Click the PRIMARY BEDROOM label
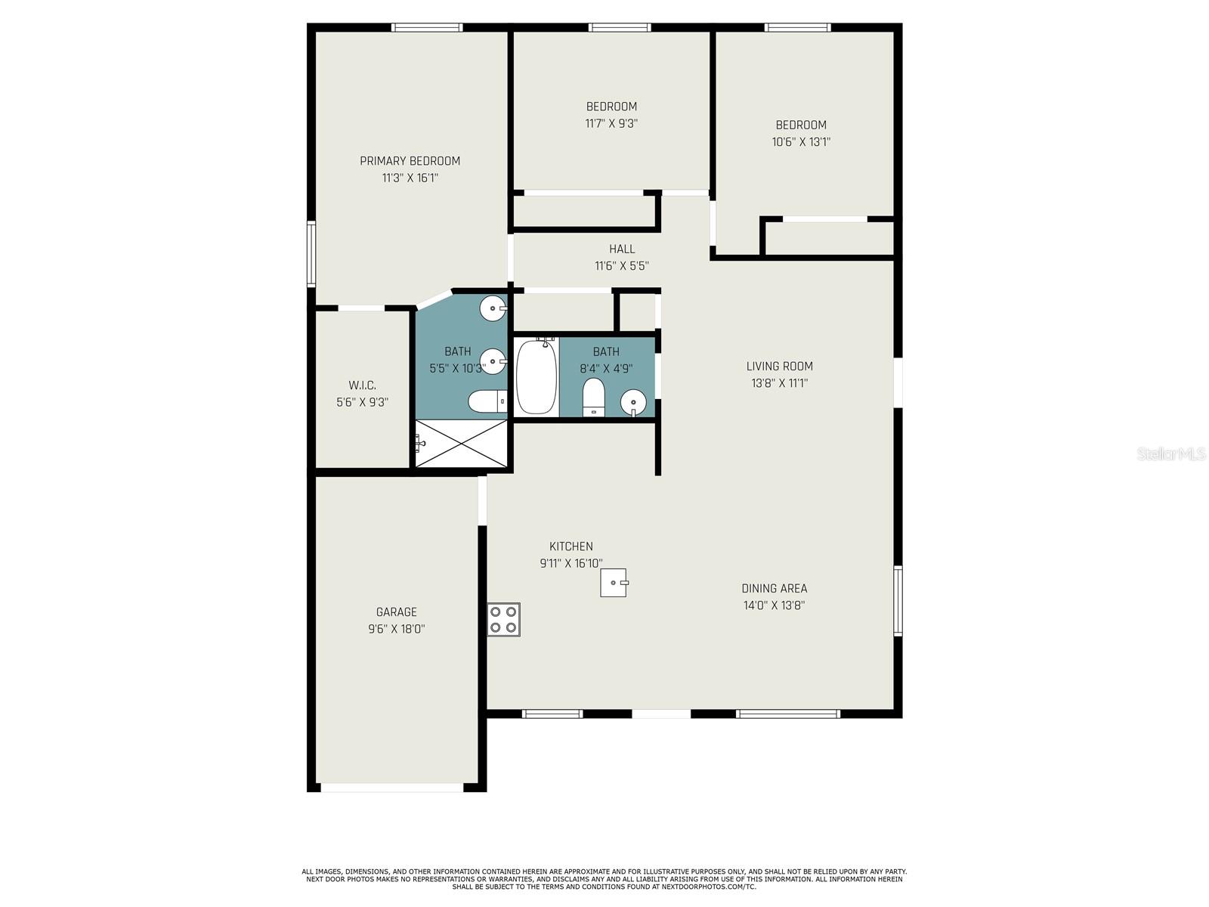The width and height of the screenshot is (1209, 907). (x=410, y=161)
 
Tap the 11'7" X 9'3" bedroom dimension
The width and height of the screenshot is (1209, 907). (x=611, y=123)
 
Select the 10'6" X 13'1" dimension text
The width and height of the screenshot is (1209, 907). (x=801, y=141)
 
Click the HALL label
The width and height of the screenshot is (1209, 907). (x=622, y=249)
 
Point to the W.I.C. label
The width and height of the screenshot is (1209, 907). (x=362, y=385)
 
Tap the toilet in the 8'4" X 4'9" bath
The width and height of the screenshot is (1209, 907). (x=594, y=398)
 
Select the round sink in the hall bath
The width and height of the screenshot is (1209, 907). (x=633, y=402)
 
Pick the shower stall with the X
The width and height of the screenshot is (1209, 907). (x=461, y=444)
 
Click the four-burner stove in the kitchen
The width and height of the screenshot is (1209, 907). (x=503, y=619)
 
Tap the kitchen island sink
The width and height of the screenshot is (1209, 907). (x=614, y=583)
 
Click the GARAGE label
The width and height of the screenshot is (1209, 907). (x=396, y=612)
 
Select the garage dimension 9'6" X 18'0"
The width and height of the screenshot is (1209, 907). (x=396, y=629)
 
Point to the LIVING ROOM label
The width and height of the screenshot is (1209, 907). (x=779, y=367)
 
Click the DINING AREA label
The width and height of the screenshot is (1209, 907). (x=774, y=588)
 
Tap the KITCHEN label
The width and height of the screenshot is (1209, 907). (x=570, y=546)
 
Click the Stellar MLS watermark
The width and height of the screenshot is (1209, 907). (x=1170, y=454)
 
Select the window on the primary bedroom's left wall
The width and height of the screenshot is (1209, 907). (x=311, y=254)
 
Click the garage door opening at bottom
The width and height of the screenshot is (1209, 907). (x=391, y=788)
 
